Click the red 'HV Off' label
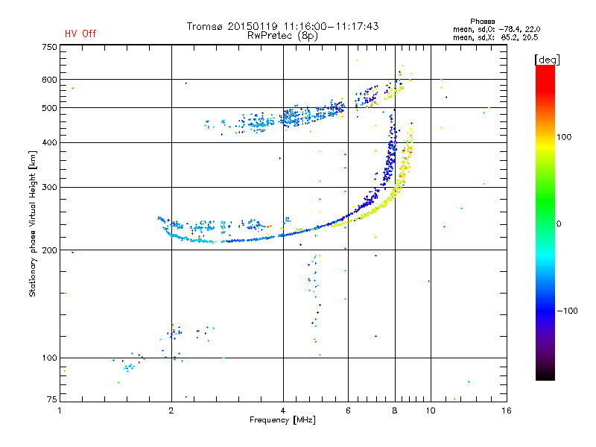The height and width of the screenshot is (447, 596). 80,34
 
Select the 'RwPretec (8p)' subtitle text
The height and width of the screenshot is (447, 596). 283,35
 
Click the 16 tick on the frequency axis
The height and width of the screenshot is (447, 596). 506,410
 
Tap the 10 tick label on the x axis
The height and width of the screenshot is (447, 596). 430,410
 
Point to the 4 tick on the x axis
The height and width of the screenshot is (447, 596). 283,410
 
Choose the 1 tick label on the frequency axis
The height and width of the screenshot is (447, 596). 60,410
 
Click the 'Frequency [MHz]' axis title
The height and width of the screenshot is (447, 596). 282,421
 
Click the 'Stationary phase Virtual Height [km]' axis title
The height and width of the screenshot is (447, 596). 33,223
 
